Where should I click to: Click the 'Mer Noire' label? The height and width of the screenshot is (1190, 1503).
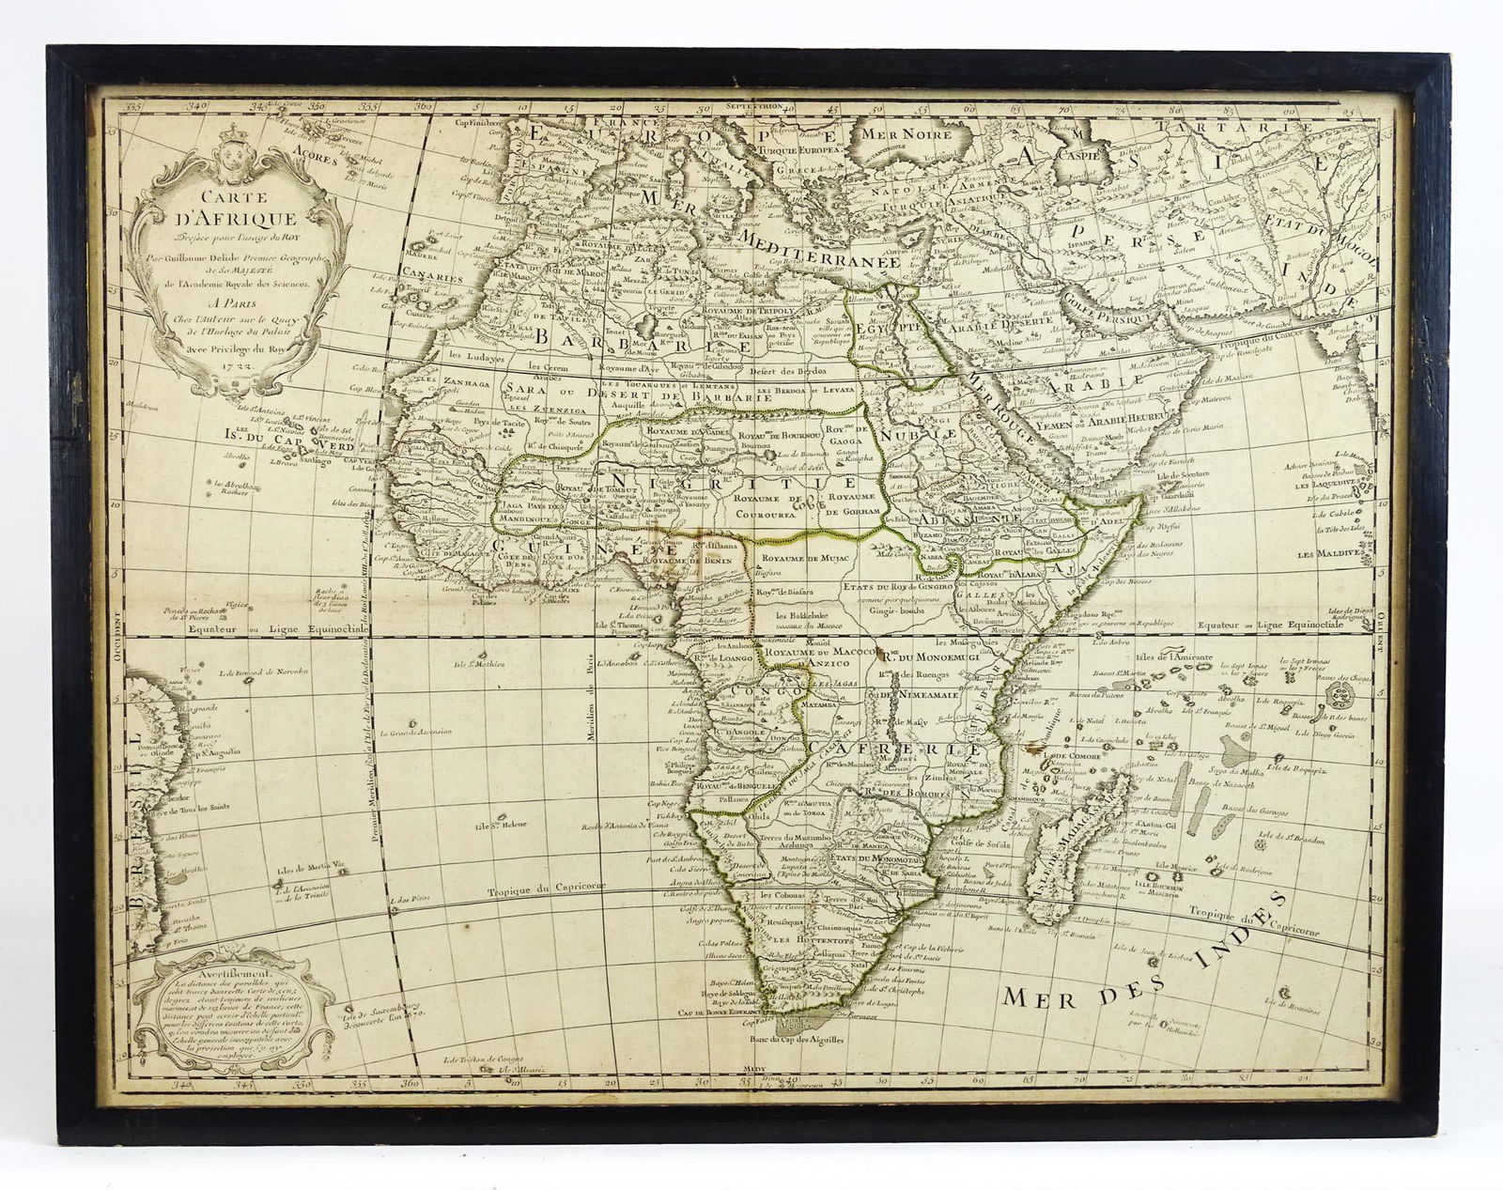pyautogui.click(x=912, y=134)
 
